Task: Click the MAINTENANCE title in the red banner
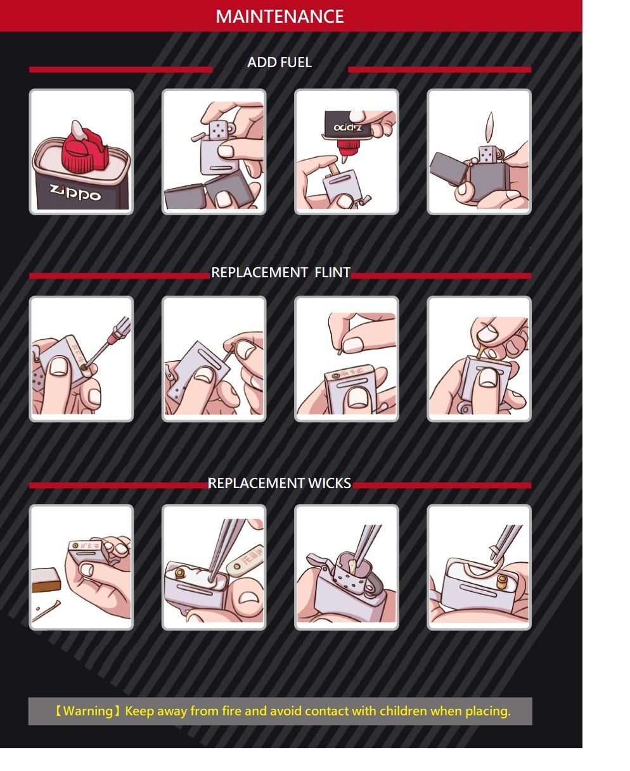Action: click(x=280, y=16)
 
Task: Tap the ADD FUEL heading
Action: click(x=280, y=63)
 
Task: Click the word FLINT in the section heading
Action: click(x=332, y=272)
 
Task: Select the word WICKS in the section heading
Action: click(x=330, y=483)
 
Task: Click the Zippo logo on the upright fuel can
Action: click(x=75, y=192)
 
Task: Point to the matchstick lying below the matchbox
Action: click(x=46, y=611)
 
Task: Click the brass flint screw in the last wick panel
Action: click(x=501, y=581)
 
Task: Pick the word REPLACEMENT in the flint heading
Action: click(x=259, y=272)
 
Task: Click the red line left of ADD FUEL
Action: click(x=120, y=70)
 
